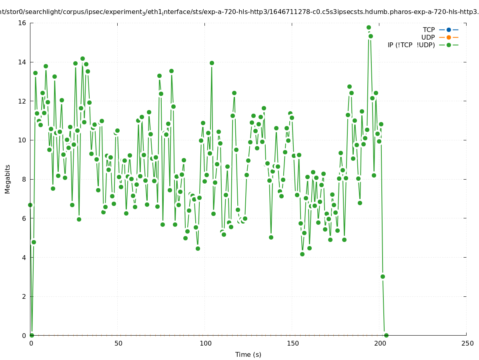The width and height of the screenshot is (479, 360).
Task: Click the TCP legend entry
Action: (429, 30)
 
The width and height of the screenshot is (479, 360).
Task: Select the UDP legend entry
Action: (428, 37)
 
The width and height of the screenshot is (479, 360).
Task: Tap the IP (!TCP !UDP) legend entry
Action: (411, 45)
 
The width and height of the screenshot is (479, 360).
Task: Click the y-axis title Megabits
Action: (8, 179)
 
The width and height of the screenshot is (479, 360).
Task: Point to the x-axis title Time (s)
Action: (248, 354)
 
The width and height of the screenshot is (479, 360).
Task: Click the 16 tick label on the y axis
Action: (22, 23)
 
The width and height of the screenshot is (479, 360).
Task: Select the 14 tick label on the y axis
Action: (22, 62)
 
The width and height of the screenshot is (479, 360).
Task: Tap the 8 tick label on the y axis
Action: (24, 179)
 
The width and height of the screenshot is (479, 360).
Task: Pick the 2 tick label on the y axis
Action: (24, 296)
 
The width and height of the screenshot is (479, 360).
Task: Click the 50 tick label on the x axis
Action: (118, 343)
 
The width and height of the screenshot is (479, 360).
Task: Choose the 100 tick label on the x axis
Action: (205, 343)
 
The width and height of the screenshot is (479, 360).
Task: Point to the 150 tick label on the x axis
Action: (293, 343)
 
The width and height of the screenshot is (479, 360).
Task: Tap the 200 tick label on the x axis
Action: (380, 343)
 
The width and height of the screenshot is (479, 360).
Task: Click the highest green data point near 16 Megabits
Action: (369, 28)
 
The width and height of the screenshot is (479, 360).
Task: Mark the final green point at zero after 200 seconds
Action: (386, 335)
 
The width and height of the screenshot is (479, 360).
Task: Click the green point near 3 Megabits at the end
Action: (383, 276)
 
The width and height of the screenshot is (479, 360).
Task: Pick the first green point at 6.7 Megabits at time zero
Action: (30, 205)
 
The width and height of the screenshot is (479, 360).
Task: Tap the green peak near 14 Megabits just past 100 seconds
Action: (212, 63)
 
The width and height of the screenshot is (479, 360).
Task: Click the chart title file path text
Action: (239, 12)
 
